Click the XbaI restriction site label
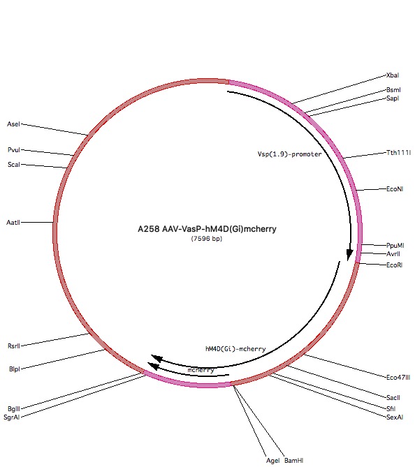click(x=393, y=75)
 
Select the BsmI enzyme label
click(x=393, y=90)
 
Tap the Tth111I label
click(x=399, y=153)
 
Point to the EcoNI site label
click(x=395, y=189)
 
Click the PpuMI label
click(x=395, y=246)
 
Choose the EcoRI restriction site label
click(x=395, y=265)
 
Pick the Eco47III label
click(x=398, y=378)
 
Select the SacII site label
click(x=393, y=398)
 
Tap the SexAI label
click(x=395, y=417)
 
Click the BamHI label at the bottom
click(x=293, y=461)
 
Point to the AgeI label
click(x=272, y=461)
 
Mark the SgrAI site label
click(x=12, y=417)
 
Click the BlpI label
click(x=15, y=369)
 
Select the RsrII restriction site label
click(x=14, y=346)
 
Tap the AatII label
click(x=13, y=223)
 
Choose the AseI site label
click(x=14, y=124)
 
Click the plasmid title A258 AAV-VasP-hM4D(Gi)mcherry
click(x=207, y=229)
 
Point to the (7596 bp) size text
click(x=207, y=239)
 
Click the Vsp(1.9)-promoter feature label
click(x=290, y=154)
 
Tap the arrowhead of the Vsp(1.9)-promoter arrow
click(x=349, y=255)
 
